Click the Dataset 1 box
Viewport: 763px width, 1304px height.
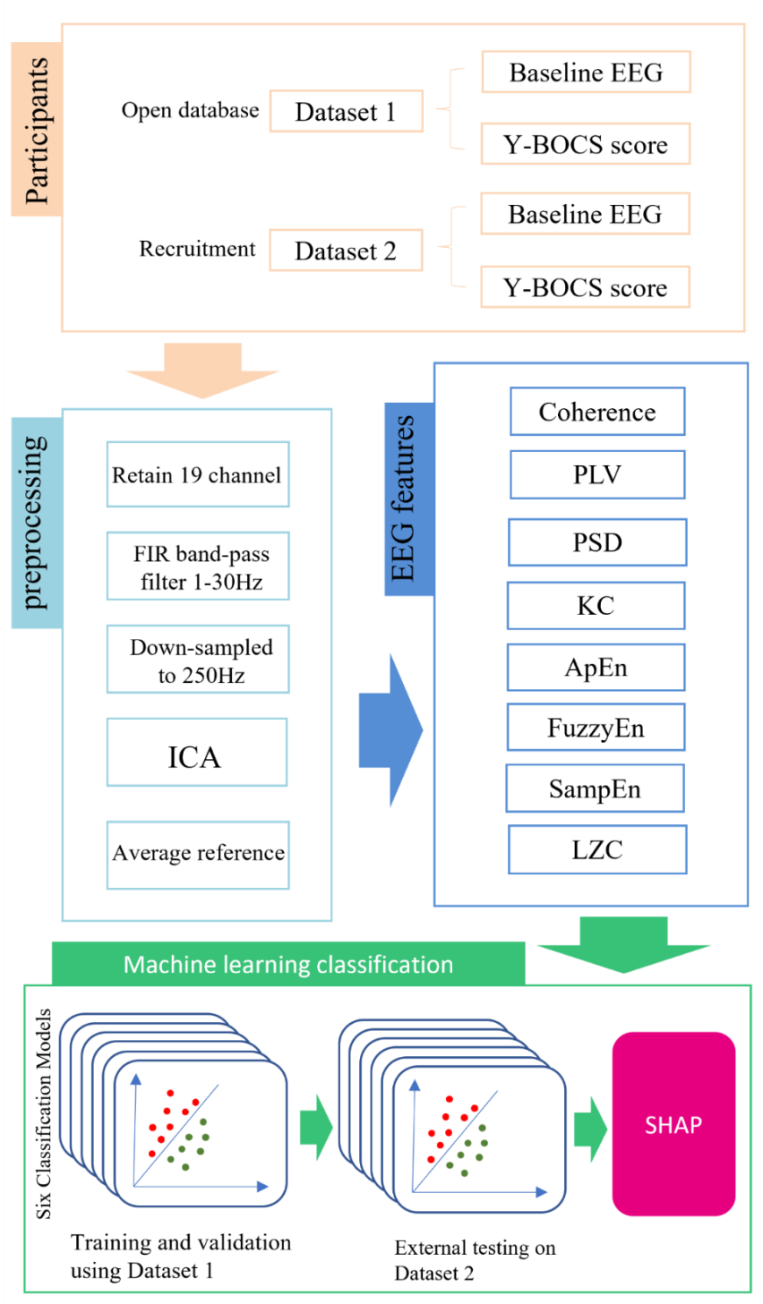click(346, 112)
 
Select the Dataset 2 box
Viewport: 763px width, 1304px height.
click(346, 251)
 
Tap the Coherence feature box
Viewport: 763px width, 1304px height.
click(597, 412)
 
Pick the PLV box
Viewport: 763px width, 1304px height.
click(597, 474)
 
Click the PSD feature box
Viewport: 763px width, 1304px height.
click(597, 542)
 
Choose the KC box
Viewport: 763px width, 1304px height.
click(596, 606)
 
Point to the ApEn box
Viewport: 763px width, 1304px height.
click(596, 668)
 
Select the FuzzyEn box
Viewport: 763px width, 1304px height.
click(596, 728)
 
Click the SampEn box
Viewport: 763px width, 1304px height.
click(596, 788)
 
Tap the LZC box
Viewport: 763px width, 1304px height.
click(597, 849)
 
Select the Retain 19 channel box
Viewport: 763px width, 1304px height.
click(198, 474)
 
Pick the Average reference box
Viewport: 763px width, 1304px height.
click(198, 854)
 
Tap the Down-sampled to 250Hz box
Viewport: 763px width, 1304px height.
click(198, 660)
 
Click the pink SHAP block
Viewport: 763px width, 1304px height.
click(673, 1124)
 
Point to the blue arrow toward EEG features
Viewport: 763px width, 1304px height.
click(390, 729)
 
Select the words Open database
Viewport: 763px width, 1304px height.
click(190, 111)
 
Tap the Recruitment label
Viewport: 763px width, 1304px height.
click(197, 249)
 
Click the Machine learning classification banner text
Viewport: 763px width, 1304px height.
click(288, 965)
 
